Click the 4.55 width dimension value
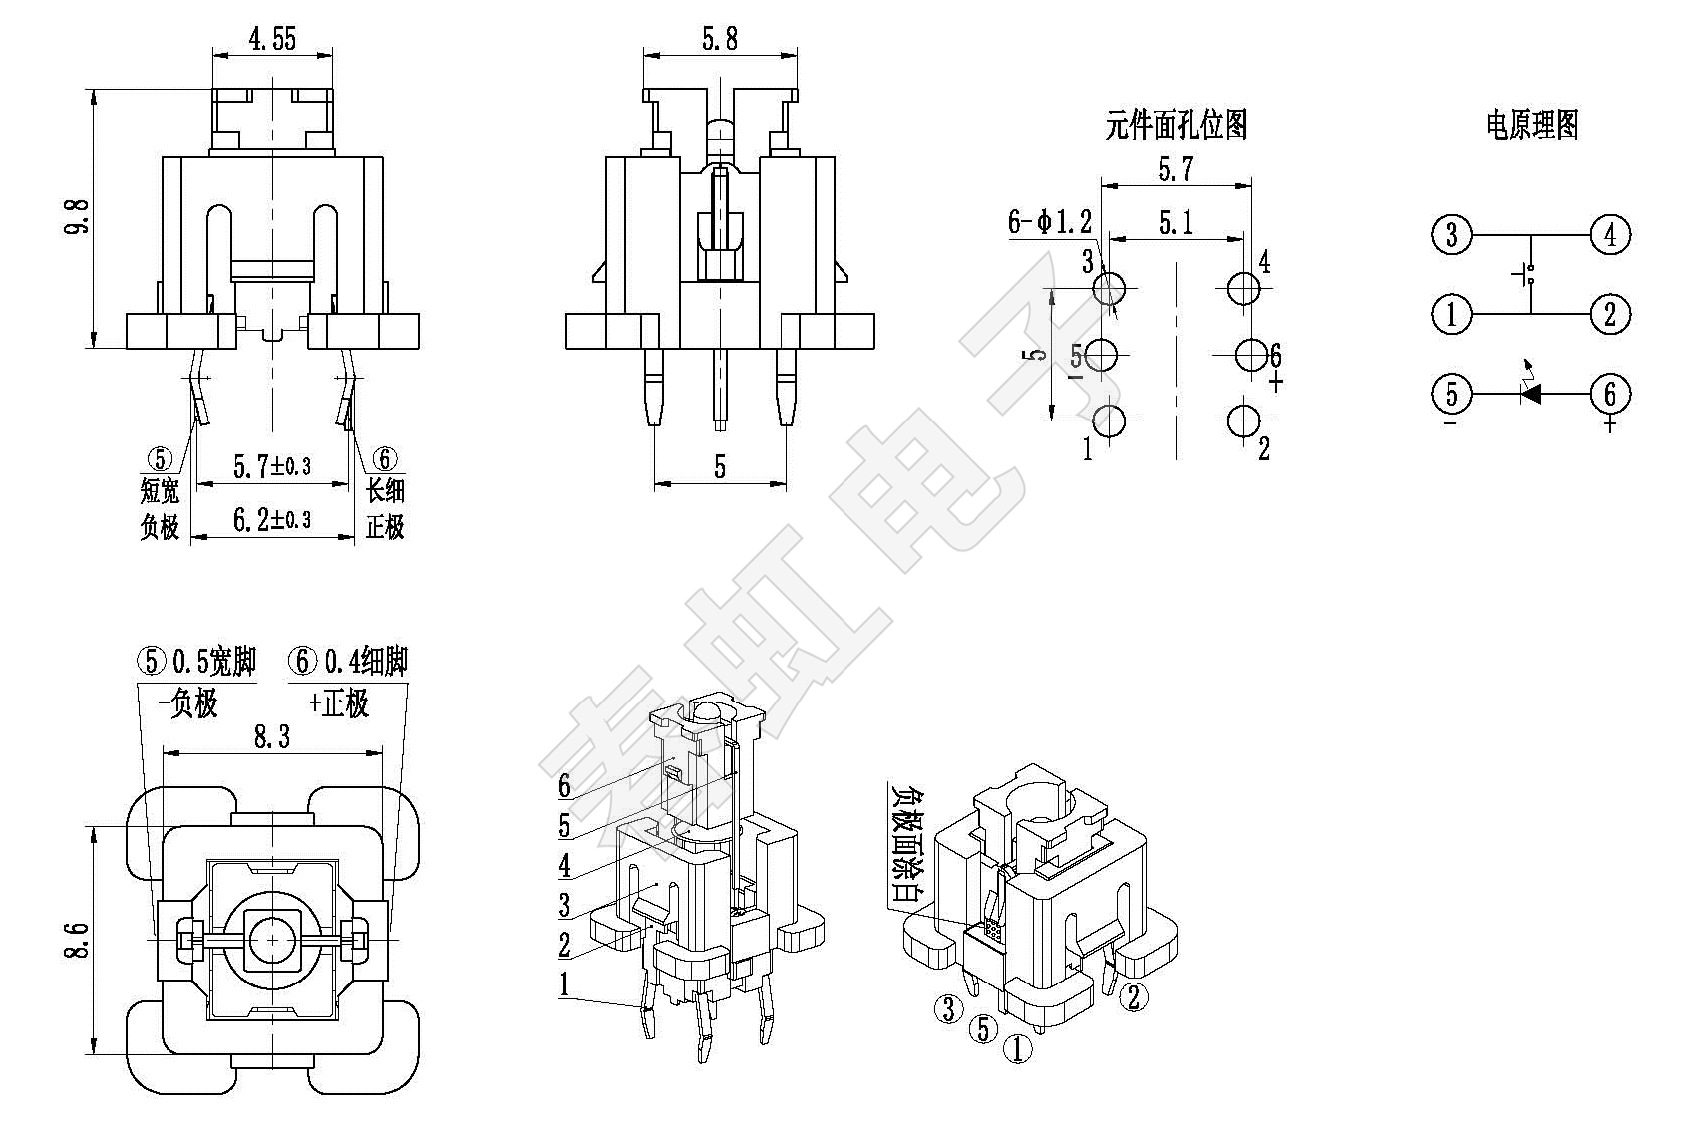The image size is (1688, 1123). [271, 39]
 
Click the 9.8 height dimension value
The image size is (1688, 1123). [76, 216]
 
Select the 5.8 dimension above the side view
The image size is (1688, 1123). [719, 39]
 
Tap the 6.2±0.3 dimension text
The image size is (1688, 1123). [271, 519]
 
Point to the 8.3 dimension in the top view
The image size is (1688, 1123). [271, 738]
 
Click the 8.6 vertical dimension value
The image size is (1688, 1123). [77, 940]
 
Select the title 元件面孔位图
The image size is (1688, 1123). [1176, 126]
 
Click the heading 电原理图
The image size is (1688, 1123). [1532, 126]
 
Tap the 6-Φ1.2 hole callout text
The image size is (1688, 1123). [1049, 222]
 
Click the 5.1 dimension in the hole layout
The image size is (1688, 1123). [1176, 223]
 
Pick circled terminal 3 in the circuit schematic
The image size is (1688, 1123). [1451, 235]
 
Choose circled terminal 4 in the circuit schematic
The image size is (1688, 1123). [1610, 235]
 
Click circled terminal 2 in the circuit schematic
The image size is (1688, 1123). [1610, 314]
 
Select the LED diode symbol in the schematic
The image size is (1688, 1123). [1531, 393]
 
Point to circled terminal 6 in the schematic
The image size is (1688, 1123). [1610, 394]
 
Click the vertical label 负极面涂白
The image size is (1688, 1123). [904, 843]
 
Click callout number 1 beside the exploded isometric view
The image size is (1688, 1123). [564, 985]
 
